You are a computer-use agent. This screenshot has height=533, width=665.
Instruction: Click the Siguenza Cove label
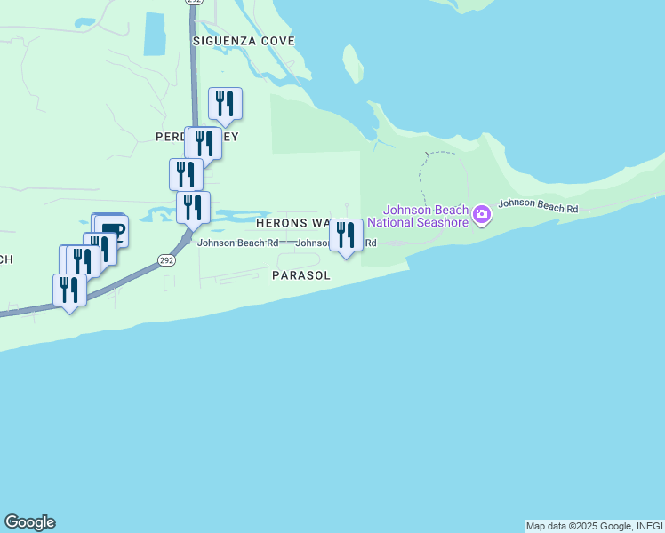point(244,41)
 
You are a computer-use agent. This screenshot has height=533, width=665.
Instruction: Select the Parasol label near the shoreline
point(301,276)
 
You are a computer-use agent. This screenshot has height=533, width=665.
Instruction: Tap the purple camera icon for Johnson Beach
point(482,214)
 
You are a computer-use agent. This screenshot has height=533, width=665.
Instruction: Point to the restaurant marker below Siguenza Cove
point(225,104)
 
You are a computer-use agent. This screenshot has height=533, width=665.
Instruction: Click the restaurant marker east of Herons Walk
point(346,235)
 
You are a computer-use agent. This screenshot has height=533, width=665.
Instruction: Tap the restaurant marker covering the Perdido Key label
point(205,143)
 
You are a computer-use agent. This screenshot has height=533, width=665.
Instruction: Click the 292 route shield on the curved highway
point(166,259)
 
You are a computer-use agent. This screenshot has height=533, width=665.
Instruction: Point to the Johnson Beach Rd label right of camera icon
point(538,205)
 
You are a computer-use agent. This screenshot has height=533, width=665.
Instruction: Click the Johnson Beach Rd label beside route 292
point(236,243)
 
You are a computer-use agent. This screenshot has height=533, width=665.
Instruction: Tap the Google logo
point(29,522)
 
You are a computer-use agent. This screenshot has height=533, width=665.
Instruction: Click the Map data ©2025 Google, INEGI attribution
point(593,526)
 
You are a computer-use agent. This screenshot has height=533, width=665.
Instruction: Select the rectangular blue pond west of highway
point(155,35)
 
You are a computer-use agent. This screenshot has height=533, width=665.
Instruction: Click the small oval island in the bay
point(353,65)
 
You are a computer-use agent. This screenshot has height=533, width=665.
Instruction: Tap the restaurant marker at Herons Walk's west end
point(193,208)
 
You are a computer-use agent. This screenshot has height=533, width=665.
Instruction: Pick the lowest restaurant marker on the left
point(69,290)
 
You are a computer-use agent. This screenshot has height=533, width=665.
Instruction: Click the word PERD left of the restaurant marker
point(170,137)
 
